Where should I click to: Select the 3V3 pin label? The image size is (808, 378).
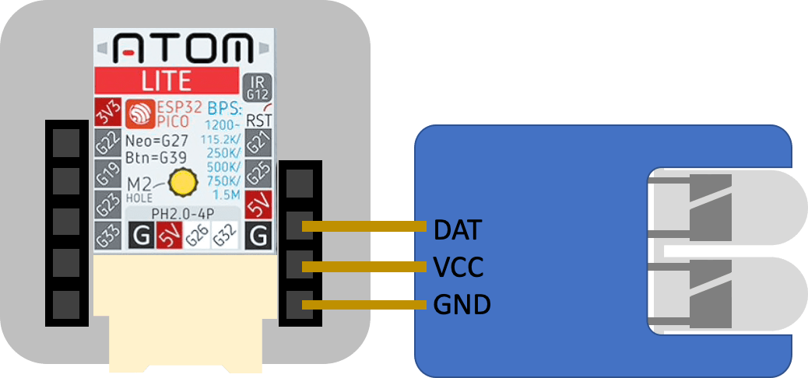tap(104, 114)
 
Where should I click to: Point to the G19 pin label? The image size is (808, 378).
tap(105, 175)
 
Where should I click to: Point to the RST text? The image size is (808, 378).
tap(258, 121)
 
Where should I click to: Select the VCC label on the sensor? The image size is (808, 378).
tap(458, 268)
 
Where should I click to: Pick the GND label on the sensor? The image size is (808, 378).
tap(462, 304)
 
